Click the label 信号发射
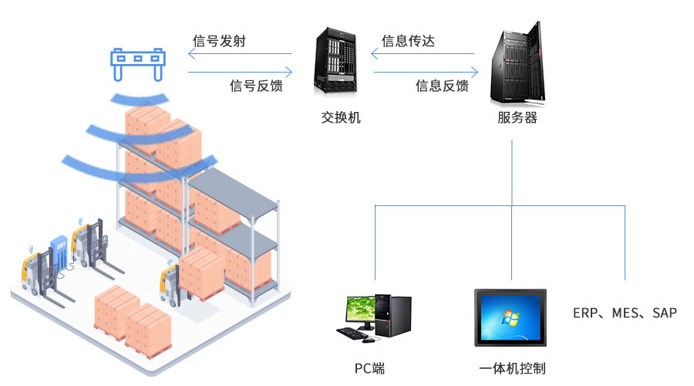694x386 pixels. click(x=219, y=42)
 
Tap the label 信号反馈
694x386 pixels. click(x=256, y=86)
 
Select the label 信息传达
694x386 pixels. click(x=408, y=42)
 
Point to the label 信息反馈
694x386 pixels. click(x=442, y=86)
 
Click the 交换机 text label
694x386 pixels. click(x=340, y=118)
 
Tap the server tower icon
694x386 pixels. click(x=515, y=64)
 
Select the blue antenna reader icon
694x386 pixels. click(x=138, y=62)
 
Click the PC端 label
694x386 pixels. click(x=369, y=368)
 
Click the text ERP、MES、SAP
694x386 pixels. click(x=625, y=313)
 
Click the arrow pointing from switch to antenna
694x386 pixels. click(x=240, y=54)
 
